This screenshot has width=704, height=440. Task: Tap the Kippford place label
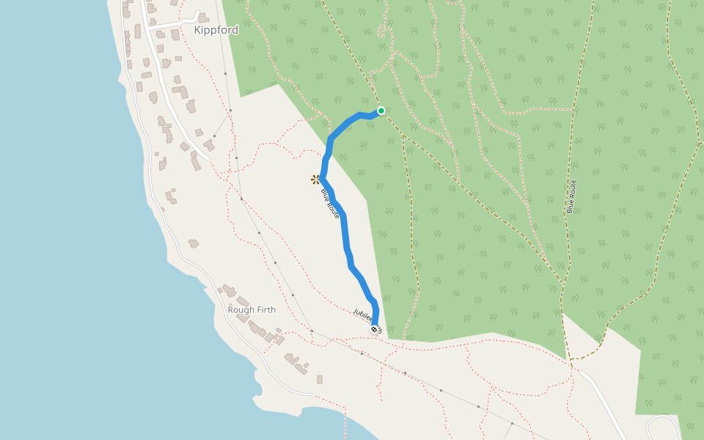(x=216, y=31)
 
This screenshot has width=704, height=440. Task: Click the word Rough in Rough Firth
(x=240, y=309)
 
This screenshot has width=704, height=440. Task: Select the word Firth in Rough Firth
(x=265, y=309)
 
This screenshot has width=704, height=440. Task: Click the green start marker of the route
(x=381, y=111)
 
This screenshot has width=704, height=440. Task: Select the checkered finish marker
(x=375, y=329)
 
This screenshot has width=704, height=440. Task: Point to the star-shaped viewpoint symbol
(x=315, y=179)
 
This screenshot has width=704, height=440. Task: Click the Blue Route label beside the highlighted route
(x=330, y=203)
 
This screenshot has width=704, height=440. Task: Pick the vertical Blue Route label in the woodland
(x=571, y=197)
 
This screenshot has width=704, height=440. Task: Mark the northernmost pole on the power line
(x=230, y=111)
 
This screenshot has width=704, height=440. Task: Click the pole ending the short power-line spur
(x=214, y=136)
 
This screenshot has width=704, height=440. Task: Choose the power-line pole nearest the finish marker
(x=362, y=354)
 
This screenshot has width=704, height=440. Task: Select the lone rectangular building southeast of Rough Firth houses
(x=320, y=379)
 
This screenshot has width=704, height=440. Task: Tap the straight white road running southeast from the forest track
(x=601, y=396)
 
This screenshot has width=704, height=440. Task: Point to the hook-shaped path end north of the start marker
(x=381, y=29)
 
